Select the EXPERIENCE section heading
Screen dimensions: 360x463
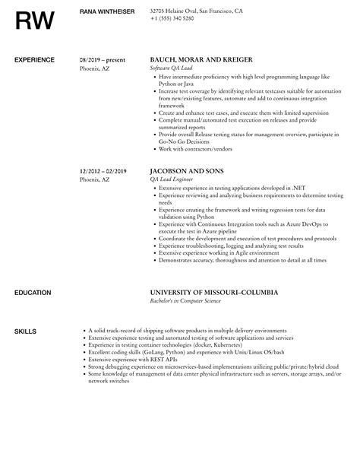pyautogui.click(x=35, y=59)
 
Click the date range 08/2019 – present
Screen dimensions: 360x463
pyautogui.click(x=103, y=59)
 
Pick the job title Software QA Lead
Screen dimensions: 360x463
pyautogui.click(x=173, y=68)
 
